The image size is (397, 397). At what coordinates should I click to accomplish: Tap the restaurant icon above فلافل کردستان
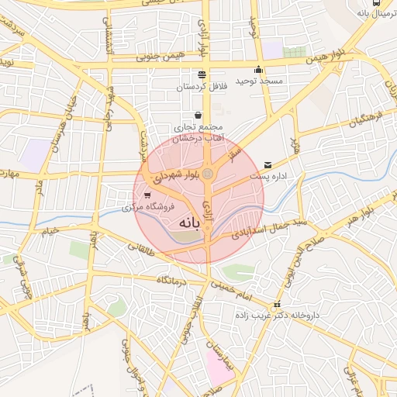click(x=202, y=75)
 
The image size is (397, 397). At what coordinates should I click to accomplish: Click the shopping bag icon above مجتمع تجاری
click(x=198, y=115)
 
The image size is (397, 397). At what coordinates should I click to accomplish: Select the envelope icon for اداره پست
click(x=268, y=165)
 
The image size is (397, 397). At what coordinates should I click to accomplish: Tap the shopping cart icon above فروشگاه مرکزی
click(x=147, y=195)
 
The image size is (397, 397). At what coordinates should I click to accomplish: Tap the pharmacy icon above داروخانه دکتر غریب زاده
click(x=278, y=305)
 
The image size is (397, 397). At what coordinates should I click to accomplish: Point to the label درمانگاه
click(x=172, y=280)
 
